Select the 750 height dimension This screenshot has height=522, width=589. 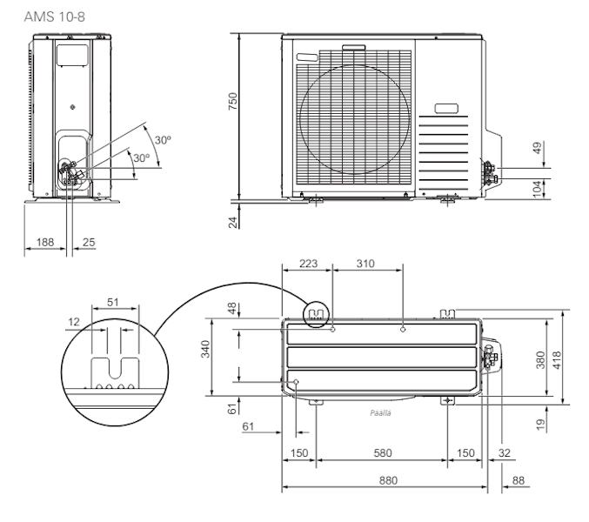point(232,103)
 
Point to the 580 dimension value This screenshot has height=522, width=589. point(382,452)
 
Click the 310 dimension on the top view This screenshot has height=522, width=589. point(365,263)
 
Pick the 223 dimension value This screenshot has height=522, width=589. point(310,263)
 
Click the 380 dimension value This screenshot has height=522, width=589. point(539,358)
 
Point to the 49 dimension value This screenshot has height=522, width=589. point(537,149)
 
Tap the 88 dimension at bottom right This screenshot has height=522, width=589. point(519,479)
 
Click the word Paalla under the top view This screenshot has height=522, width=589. point(379,412)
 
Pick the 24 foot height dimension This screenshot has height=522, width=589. point(232,222)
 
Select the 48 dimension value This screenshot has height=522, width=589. point(232,309)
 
